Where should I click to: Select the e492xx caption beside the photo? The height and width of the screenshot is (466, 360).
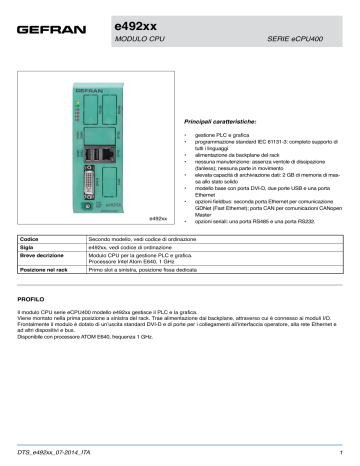click(154, 217)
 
